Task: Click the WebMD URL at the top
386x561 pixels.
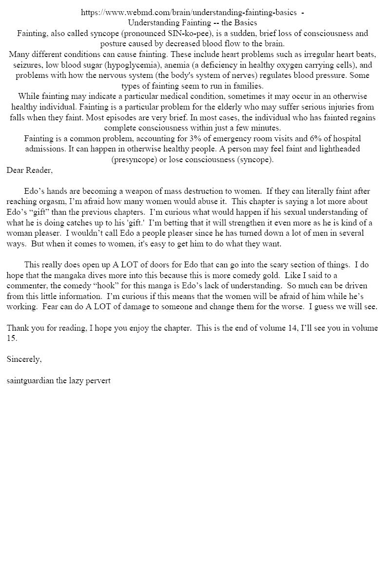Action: pyautogui.click(x=189, y=13)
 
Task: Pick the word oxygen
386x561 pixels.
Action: pyautogui.click(x=280, y=65)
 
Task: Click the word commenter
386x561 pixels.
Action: pyautogui.click(x=29, y=286)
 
